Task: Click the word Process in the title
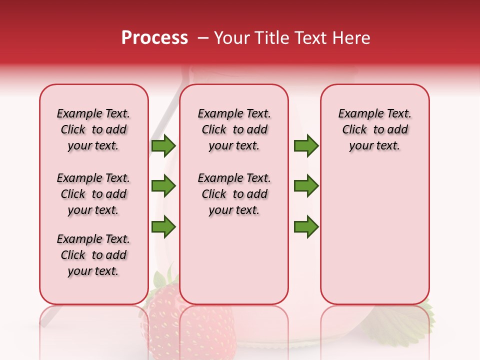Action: [154, 38]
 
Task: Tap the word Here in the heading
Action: [351, 38]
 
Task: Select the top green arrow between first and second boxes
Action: [163, 145]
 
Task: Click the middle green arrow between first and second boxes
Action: [163, 186]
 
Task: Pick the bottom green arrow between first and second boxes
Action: [163, 227]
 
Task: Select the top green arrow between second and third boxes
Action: [306, 145]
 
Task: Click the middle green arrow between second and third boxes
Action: [306, 186]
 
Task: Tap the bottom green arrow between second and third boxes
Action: [306, 227]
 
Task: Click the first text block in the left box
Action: [93, 129]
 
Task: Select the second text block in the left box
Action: [93, 194]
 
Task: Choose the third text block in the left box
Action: [93, 255]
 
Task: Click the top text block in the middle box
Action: [234, 129]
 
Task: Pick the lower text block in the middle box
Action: [234, 194]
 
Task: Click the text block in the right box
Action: [374, 129]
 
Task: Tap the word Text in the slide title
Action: [311, 38]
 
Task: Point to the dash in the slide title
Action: [202, 38]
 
